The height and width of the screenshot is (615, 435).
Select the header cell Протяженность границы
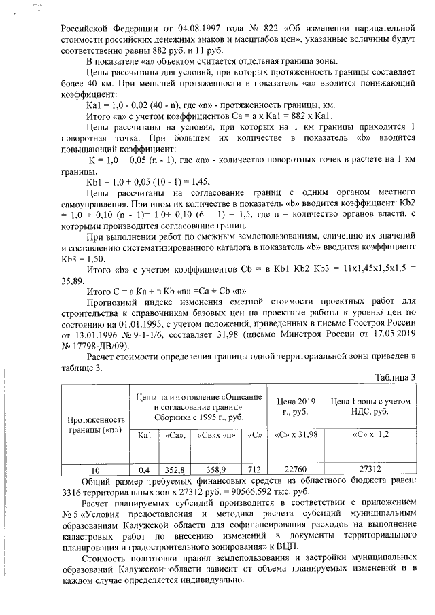tap(95, 426)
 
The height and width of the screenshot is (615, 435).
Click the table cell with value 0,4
tap(143, 469)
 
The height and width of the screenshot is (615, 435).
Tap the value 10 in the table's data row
tap(96, 469)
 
